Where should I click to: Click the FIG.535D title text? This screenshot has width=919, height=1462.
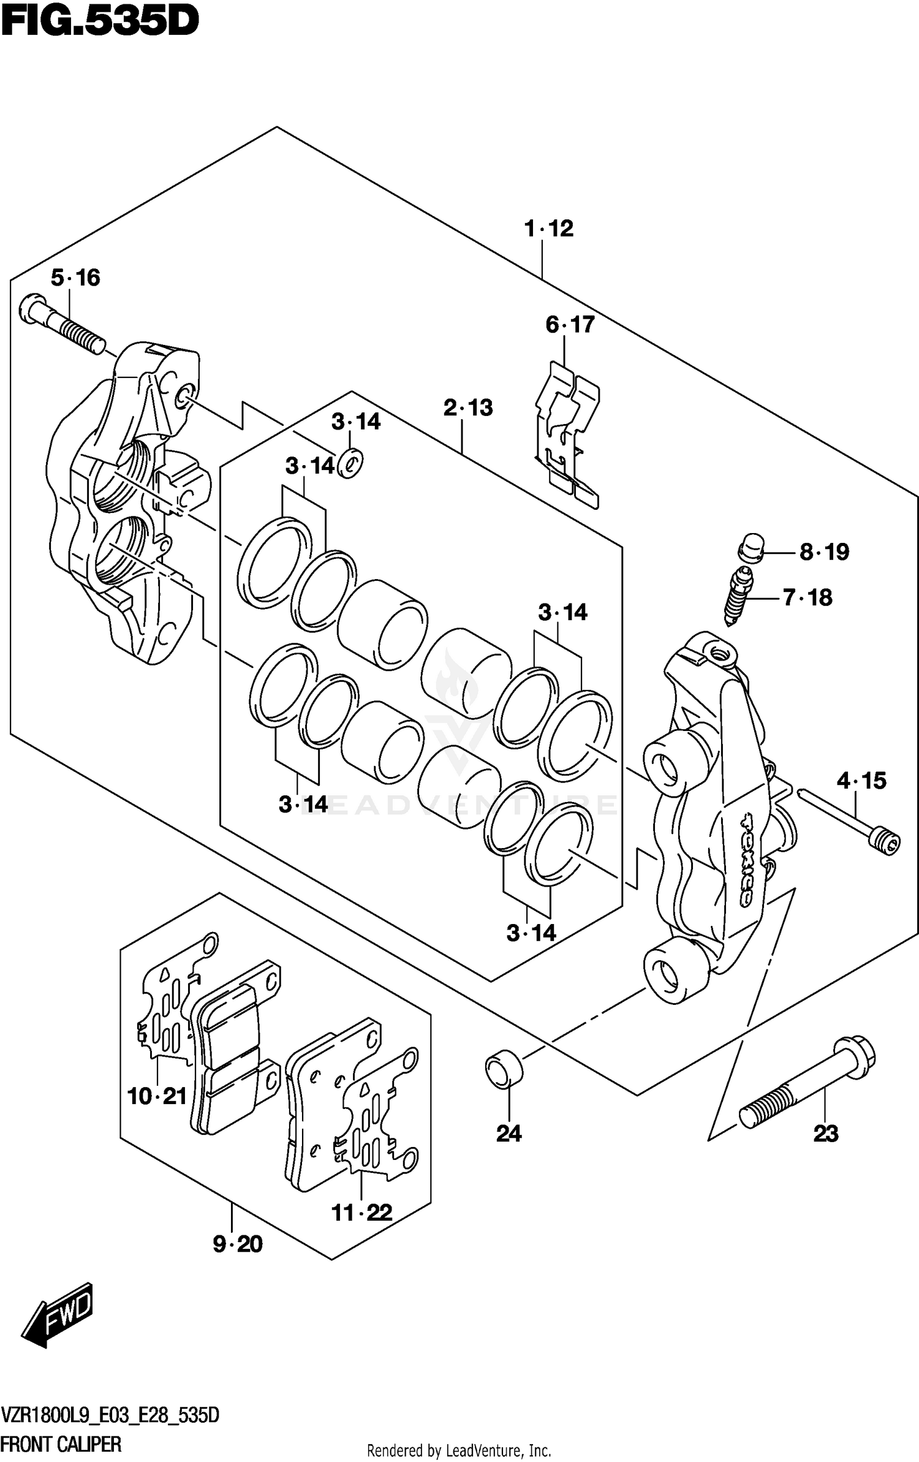pyautogui.click(x=100, y=23)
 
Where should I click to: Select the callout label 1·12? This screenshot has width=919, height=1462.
pyautogui.click(x=549, y=229)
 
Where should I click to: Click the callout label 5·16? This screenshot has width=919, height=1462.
pyautogui.click(x=75, y=278)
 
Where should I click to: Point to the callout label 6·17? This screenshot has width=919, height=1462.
pyautogui.click(x=570, y=324)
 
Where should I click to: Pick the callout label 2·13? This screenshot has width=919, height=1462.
pyautogui.click(x=468, y=407)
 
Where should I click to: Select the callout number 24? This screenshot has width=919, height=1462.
pyautogui.click(x=509, y=1134)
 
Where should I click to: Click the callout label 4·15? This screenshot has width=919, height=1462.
pyautogui.click(x=861, y=781)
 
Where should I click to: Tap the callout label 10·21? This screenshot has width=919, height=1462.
pyautogui.click(x=157, y=1096)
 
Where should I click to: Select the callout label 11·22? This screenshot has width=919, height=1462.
pyautogui.click(x=361, y=1212)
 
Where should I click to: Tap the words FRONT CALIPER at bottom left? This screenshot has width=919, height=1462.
pyautogui.click(x=61, y=1444)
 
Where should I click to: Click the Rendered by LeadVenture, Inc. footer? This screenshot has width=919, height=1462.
pyautogui.click(x=459, y=1450)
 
